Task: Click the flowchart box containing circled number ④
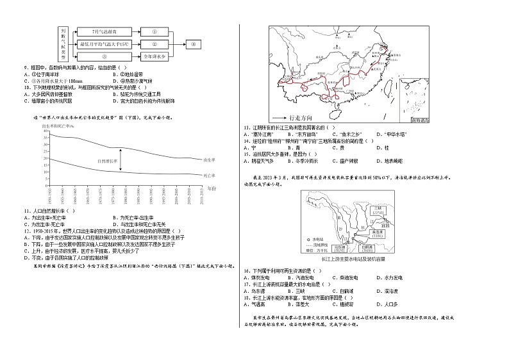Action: [194, 44]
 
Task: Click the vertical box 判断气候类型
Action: [63, 44]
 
